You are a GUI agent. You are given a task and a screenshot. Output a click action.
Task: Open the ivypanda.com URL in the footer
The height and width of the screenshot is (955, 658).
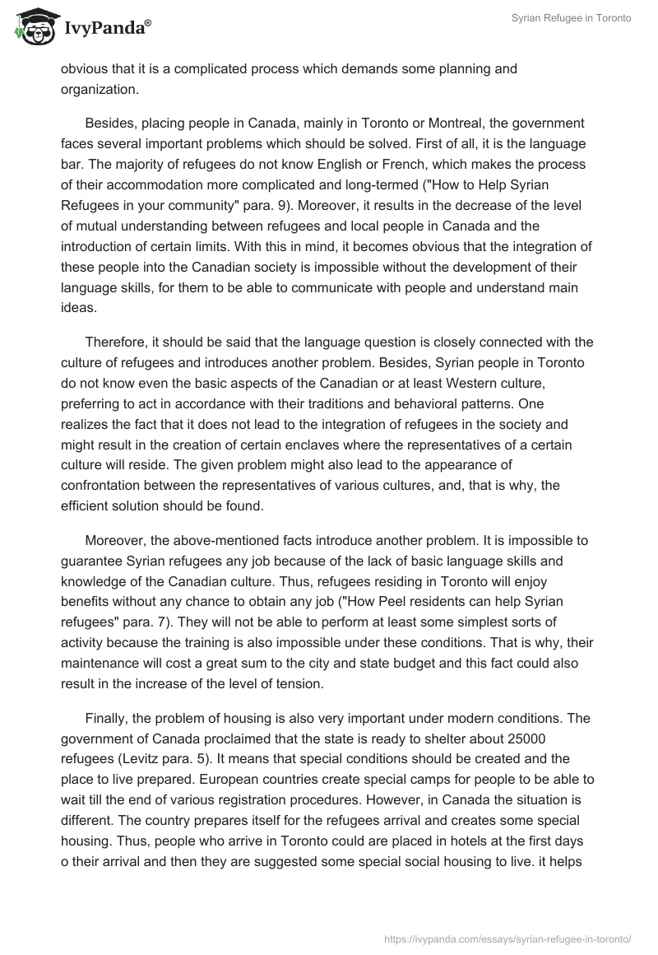pos(507,938)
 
